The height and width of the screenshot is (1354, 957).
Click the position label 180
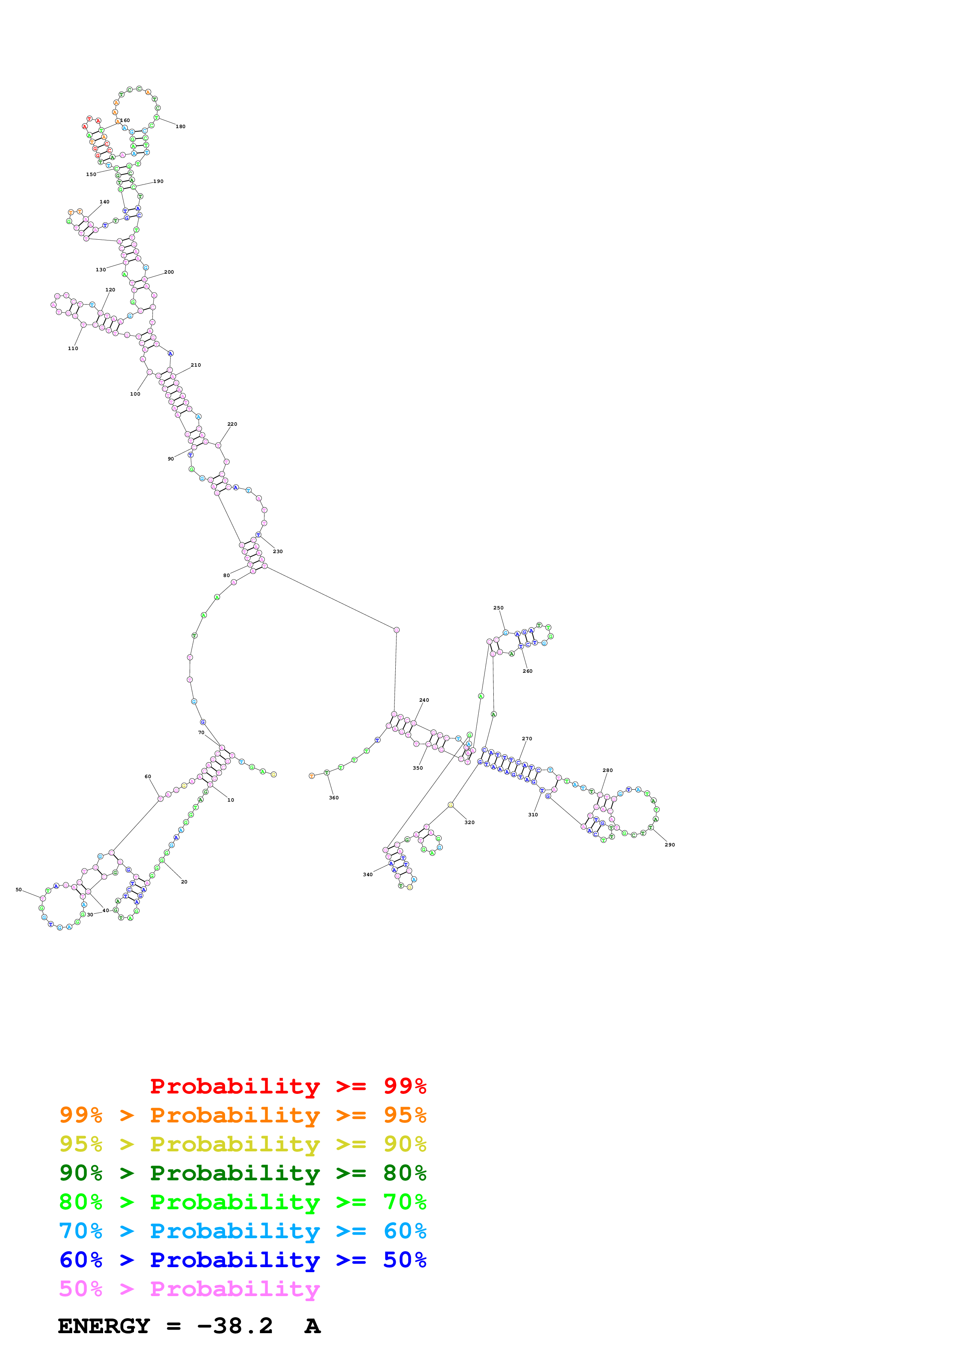click(x=180, y=126)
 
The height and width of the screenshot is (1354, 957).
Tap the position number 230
click(x=278, y=552)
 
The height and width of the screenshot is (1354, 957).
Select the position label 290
click(x=670, y=845)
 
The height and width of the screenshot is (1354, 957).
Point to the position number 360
click(x=334, y=797)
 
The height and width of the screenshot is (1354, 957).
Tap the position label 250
click(x=498, y=608)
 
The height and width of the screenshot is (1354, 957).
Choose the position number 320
click(x=469, y=822)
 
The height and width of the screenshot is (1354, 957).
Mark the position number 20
click(x=184, y=882)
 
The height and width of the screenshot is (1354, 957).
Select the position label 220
click(x=232, y=424)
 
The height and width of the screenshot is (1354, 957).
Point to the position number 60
click(x=148, y=776)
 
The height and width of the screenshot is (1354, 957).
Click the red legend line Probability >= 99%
click(x=288, y=1086)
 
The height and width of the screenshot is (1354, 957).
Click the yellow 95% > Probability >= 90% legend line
click(x=242, y=1144)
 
